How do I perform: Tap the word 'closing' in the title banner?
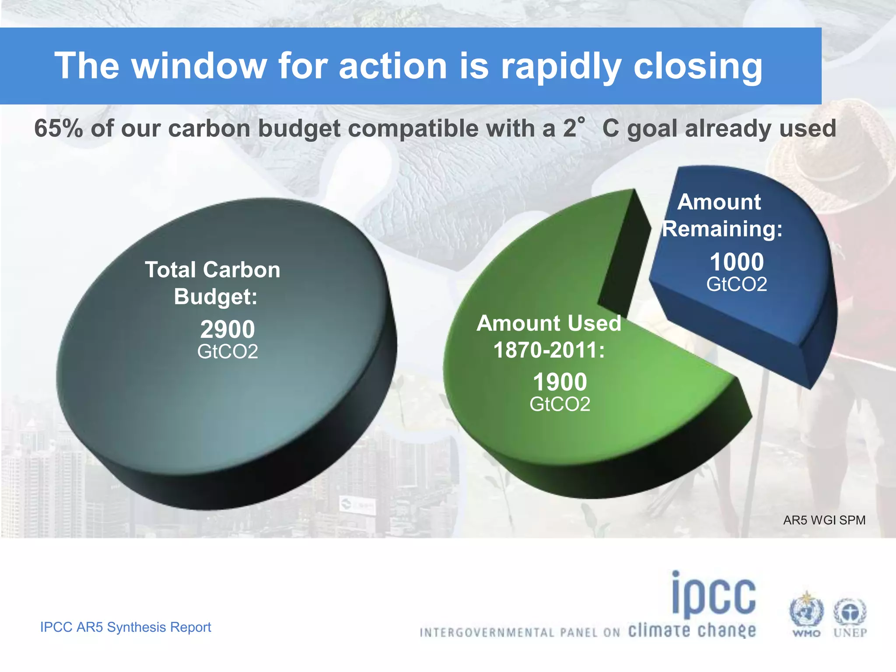(x=697, y=66)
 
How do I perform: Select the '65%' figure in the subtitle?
(x=58, y=129)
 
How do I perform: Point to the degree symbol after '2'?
(x=581, y=120)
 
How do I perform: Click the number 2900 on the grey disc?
(x=227, y=329)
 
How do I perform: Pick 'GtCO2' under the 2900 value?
(x=227, y=351)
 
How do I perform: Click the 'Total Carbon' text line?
(x=213, y=269)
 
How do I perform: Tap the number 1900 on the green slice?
(x=560, y=382)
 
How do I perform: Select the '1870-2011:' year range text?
(x=549, y=350)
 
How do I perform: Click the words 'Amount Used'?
(x=549, y=323)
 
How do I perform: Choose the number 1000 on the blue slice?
(x=736, y=262)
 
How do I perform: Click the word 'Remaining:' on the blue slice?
(x=722, y=229)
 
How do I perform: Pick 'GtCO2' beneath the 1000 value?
(x=736, y=284)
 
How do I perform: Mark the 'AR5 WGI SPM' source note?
(x=824, y=520)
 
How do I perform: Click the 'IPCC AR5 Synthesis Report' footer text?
(x=126, y=627)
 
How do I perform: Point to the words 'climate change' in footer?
(x=692, y=631)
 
